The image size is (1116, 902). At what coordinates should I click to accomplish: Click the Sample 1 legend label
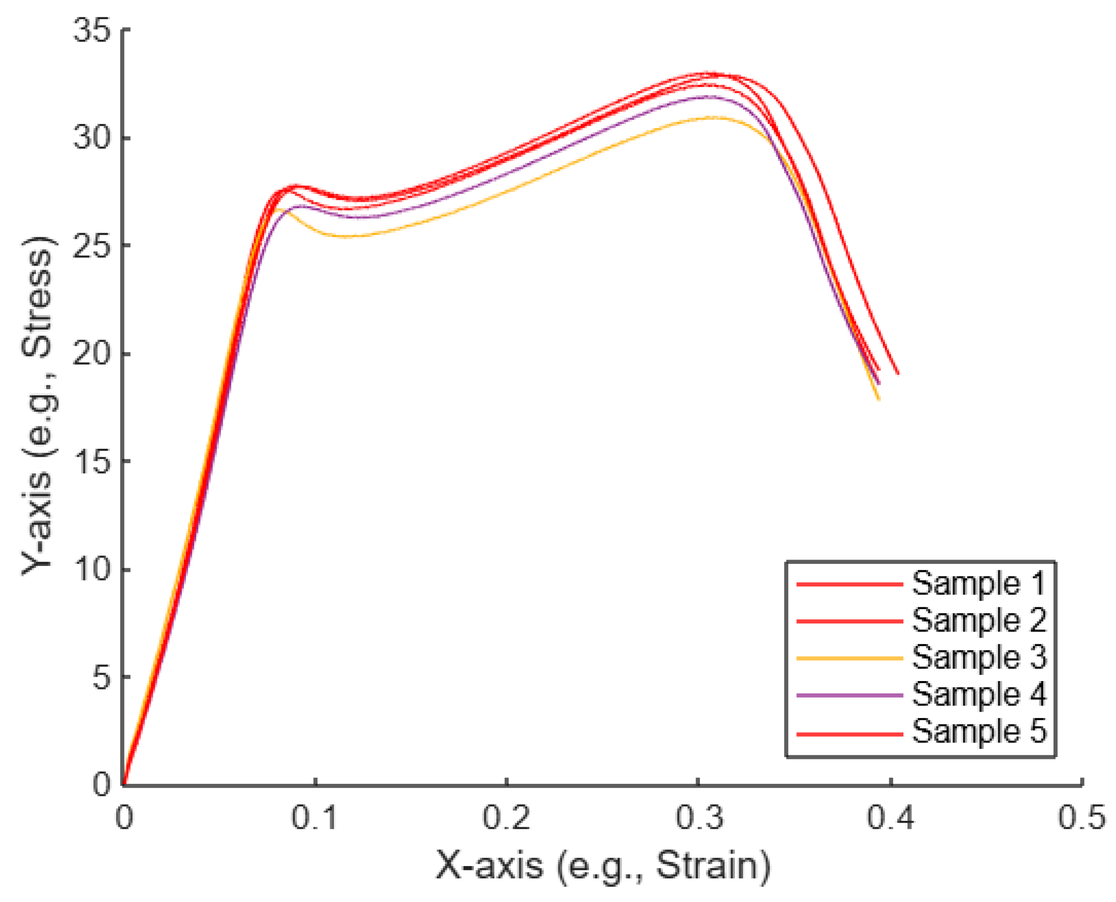979,584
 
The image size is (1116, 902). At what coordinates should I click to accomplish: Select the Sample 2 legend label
979,621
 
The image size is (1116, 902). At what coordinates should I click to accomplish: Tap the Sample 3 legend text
979,657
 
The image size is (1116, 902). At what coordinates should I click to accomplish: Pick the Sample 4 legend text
979,694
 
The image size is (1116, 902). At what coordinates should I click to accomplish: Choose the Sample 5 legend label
979,731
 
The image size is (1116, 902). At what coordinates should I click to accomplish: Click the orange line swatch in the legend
849,658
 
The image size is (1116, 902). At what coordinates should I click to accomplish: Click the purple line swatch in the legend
849,695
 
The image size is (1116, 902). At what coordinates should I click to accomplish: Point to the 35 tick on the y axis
92,30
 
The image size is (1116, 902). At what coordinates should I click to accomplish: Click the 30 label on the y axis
92,139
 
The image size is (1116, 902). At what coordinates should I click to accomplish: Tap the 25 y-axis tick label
92,246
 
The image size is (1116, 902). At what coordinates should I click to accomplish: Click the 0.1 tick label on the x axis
314,817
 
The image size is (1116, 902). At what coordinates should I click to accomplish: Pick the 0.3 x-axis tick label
698,817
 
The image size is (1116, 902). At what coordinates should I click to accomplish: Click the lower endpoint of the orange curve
878,399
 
